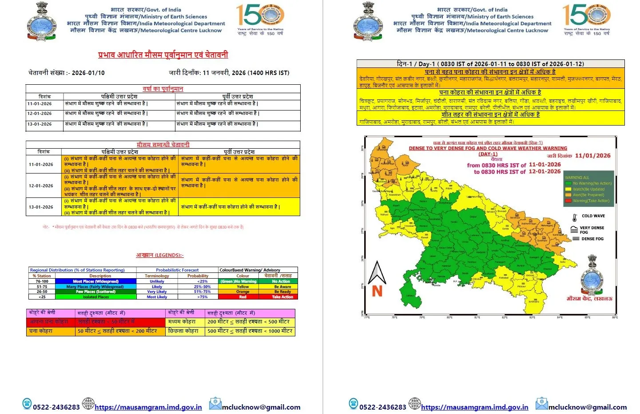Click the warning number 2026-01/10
point(88,73)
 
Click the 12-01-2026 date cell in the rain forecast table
point(40,114)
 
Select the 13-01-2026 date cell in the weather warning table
point(41,207)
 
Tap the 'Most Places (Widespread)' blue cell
point(95,281)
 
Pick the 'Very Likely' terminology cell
point(157,292)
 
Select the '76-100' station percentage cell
point(42,281)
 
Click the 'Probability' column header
point(198,276)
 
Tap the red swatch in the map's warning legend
point(568,201)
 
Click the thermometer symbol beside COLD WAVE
point(575,217)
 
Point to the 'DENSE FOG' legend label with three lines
point(592,239)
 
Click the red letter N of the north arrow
point(377,291)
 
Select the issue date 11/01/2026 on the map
point(592,156)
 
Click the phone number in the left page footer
point(56,407)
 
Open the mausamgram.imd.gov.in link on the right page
point(474,407)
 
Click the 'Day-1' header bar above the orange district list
point(490,64)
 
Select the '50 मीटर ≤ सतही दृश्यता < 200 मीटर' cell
point(117,331)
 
